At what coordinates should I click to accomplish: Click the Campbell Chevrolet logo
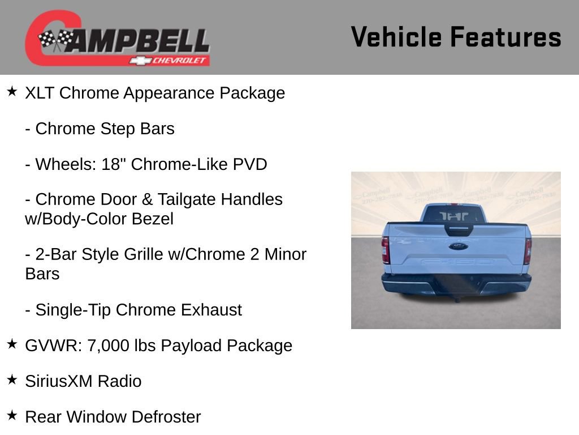click(118, 39)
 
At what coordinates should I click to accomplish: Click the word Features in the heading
click(505, 37)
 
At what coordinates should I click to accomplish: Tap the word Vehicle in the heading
click(396, 37)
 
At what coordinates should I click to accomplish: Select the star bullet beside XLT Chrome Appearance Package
click(12, 91)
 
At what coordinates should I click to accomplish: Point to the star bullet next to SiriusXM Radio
click(12, 379)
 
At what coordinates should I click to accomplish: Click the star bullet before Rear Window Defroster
click(12, 415)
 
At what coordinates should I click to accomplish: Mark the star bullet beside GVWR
click(12, 344)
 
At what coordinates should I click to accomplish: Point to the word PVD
click(250, 164)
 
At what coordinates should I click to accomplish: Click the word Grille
click(138, 254)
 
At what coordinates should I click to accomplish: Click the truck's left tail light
click(386, 250)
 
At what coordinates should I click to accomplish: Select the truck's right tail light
click(527, 250)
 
